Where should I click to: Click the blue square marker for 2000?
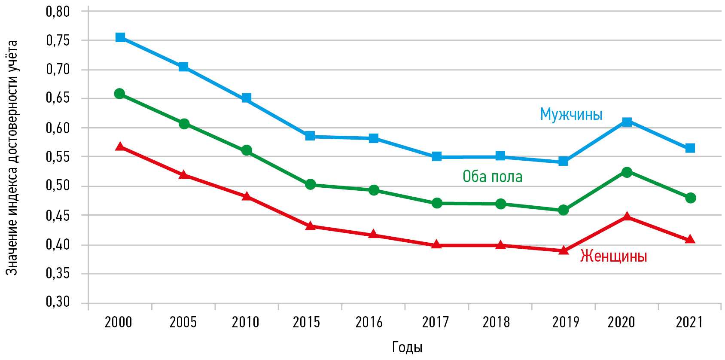(120, 37)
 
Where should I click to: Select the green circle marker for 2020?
(627, 172)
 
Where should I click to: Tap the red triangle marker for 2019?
(564, 250)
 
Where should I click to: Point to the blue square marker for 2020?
(627, 122)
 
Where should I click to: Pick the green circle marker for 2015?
(310, 185)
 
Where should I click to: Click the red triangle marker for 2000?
(120, 146)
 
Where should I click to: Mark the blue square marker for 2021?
(690, 148)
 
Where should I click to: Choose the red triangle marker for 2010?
(247, 196)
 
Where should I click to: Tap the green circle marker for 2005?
(184, 124)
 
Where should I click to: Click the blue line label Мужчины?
(571, 114)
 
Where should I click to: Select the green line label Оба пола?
(492, 177)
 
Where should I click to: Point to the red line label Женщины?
(613, 256)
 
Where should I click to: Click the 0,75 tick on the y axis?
(58, 40)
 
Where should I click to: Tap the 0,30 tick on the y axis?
(58, 302)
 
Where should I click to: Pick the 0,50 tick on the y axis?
(58, 186)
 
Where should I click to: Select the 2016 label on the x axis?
(369, 322)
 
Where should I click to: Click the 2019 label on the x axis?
(565, 322)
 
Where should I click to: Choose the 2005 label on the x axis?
(183, 322)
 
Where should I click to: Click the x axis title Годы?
(407, 347)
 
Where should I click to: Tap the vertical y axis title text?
(12, 158)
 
